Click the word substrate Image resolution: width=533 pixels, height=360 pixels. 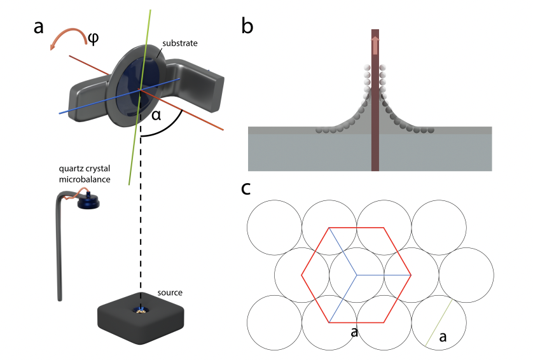coord(180,43)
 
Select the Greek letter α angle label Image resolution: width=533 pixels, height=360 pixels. coord(156,116)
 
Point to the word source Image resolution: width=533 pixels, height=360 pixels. coord(169,292)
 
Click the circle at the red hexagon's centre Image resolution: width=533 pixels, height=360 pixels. coord(356,275)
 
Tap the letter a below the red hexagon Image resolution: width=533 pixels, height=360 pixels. coord(354,332)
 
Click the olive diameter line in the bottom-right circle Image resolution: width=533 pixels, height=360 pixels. coord(438,323)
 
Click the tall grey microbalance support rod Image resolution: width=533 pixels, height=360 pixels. coord(59,254)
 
